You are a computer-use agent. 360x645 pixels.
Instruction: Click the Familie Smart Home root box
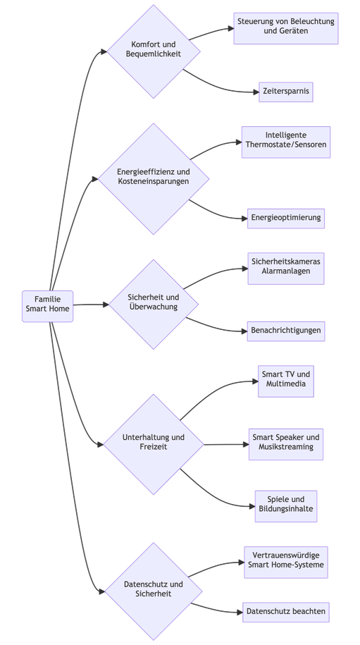[x=48, y=306]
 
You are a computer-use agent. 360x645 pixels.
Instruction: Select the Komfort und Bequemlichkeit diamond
[x=154, y=51]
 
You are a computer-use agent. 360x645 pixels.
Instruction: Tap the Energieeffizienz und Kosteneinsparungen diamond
[x=154, y=178]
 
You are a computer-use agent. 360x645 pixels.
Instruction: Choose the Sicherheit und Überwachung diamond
[x=154, y=305]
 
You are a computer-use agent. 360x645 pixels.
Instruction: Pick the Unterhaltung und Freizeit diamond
[x=154, y=444]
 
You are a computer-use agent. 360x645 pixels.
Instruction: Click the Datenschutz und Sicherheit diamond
[x=154, y=591]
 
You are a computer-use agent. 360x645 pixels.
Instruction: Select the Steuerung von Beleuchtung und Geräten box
[x=286, y=28]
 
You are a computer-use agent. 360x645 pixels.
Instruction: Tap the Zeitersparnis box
[x=286, y=92]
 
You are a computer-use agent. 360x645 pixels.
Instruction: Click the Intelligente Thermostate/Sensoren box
[x=286, y=142]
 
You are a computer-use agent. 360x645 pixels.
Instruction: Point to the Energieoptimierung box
[x=286, y=219]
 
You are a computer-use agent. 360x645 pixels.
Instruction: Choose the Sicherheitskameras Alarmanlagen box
[x=286, y=269]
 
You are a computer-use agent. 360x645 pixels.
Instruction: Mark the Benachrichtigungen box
[x=286, y=331]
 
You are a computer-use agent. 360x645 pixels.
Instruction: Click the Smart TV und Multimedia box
[x=286, y=381]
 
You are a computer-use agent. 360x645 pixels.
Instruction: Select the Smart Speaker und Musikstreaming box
[x=286, y=444]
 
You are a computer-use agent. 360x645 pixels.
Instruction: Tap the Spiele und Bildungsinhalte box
[x=286, y=506]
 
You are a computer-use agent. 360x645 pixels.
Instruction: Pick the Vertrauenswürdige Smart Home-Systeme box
[x=286, y=563]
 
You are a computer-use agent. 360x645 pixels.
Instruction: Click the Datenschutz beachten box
[x=286, y=613]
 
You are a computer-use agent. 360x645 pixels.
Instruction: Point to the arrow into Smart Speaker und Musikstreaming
[x=226, y=444]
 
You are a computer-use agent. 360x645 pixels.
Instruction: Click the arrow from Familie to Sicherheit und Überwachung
[x=92, y=305]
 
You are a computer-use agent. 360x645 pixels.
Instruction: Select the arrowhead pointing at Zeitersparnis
[x=256, y=92]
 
